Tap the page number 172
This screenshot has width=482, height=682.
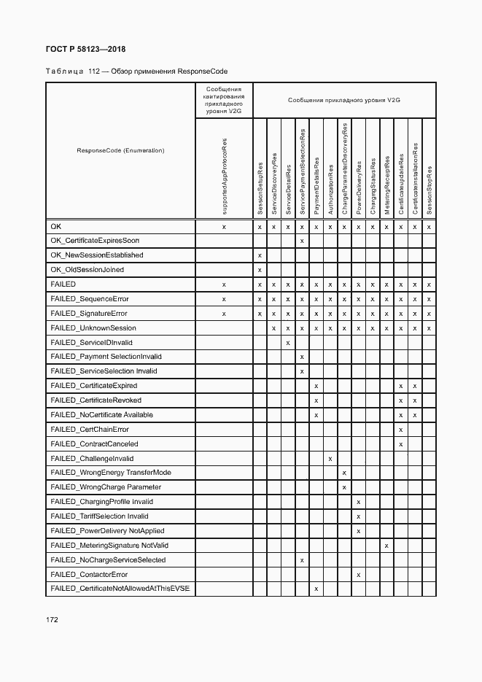click(x=52, y=619)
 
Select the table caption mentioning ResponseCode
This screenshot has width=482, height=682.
click(x=136, y=71)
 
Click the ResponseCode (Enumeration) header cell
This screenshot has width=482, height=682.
click(x=120, y=150)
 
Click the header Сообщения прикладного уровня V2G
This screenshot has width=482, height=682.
click(x=343, y=100)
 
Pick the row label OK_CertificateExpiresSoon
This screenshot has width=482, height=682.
click(x=95, y=241)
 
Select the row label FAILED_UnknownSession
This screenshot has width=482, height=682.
click(x=93, y=328)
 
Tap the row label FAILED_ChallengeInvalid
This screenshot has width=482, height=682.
click(x=92, y=458)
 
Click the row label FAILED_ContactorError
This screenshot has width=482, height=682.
click(x=89, y=574)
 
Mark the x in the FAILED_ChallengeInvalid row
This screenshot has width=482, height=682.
click(x=330, y=458)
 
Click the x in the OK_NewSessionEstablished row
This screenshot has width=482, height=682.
click(x=260, y=255)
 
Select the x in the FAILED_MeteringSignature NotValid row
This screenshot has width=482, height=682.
click(x=386, y=546)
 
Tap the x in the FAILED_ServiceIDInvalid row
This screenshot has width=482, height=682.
click(x=288, y=342)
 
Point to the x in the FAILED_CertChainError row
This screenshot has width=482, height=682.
click(x=400, y=430)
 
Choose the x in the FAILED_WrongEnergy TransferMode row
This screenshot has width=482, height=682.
click(x=344, y=473)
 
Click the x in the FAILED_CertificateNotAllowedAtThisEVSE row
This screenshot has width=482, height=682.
click(x=316, y=589)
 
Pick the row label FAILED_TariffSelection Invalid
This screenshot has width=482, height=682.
click(x=99, y=516)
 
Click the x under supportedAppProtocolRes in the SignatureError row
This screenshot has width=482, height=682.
click(x=224, y=314)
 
